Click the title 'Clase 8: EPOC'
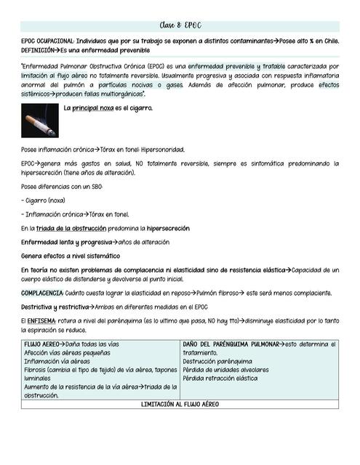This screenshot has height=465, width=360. (180, 25)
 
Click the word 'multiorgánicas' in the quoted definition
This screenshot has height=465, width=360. (119, 94)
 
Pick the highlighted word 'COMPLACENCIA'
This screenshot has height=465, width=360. (41, 293)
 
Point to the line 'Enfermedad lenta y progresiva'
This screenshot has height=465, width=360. (65, 241)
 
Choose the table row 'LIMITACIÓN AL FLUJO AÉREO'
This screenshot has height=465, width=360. (180, 404)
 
